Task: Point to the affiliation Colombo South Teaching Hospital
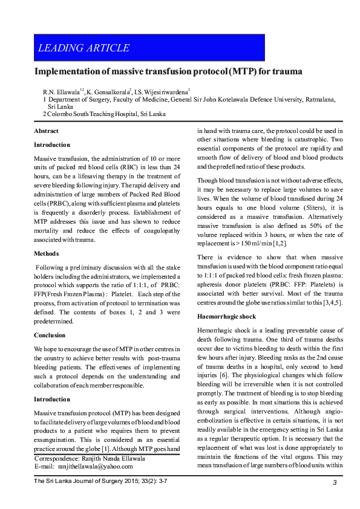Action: pos(106,113)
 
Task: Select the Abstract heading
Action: pos(46,131)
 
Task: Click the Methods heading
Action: pos(47,254)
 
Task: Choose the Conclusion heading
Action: pos(50,335)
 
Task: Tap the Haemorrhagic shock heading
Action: pos(227,316)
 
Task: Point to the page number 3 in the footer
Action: pos(334,482)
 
